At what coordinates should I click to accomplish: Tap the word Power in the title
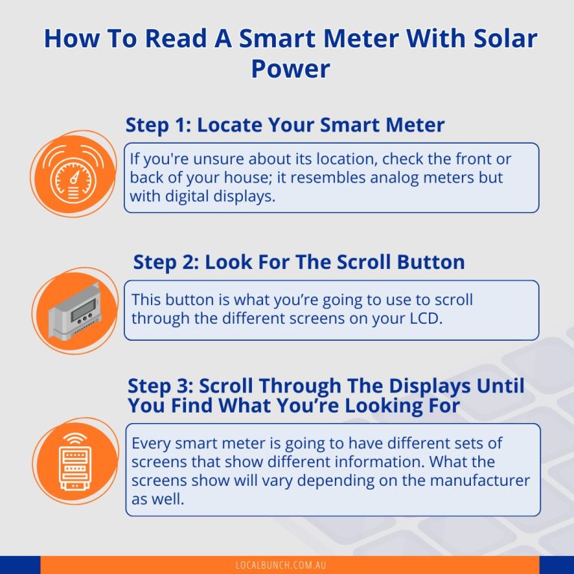click(x=290, y=69)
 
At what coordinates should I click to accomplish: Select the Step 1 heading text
click(x=285, y=124)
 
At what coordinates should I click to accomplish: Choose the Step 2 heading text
click(x=299, y=262)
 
